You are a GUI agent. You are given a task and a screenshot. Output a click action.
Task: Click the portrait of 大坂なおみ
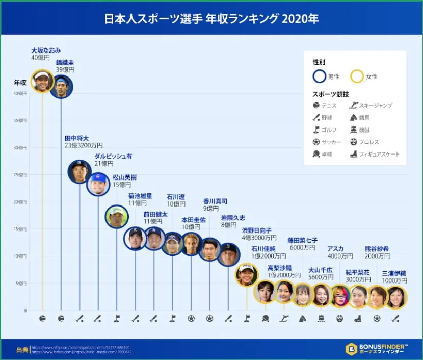tap(42, 81)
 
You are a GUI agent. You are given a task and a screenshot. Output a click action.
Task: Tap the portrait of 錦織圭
tap(61, 87)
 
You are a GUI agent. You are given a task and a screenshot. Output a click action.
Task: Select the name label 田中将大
tap(76, 138)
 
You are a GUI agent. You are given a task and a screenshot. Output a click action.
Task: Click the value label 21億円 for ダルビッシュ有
tap(104, 164)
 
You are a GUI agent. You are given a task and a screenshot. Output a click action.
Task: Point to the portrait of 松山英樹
tap(117, 217)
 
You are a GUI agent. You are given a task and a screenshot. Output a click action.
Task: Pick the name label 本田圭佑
tap(194, 220)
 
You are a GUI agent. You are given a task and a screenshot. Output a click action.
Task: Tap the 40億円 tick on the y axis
tap(20, 93)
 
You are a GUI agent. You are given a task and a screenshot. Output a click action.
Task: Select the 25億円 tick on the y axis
tap(20, 175)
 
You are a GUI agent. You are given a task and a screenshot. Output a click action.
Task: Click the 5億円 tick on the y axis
tap(21, 284)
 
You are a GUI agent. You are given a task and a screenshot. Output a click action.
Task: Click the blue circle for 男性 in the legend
tap(320, 76)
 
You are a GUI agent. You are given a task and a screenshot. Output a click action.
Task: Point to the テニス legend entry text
tap(329, 106)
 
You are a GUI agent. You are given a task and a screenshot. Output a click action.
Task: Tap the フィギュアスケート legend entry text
tap(379, 154)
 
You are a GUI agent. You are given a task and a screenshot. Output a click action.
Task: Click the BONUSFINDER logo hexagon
tap(351, 349)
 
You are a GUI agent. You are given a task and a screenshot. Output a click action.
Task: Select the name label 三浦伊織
tap(394, 273)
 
